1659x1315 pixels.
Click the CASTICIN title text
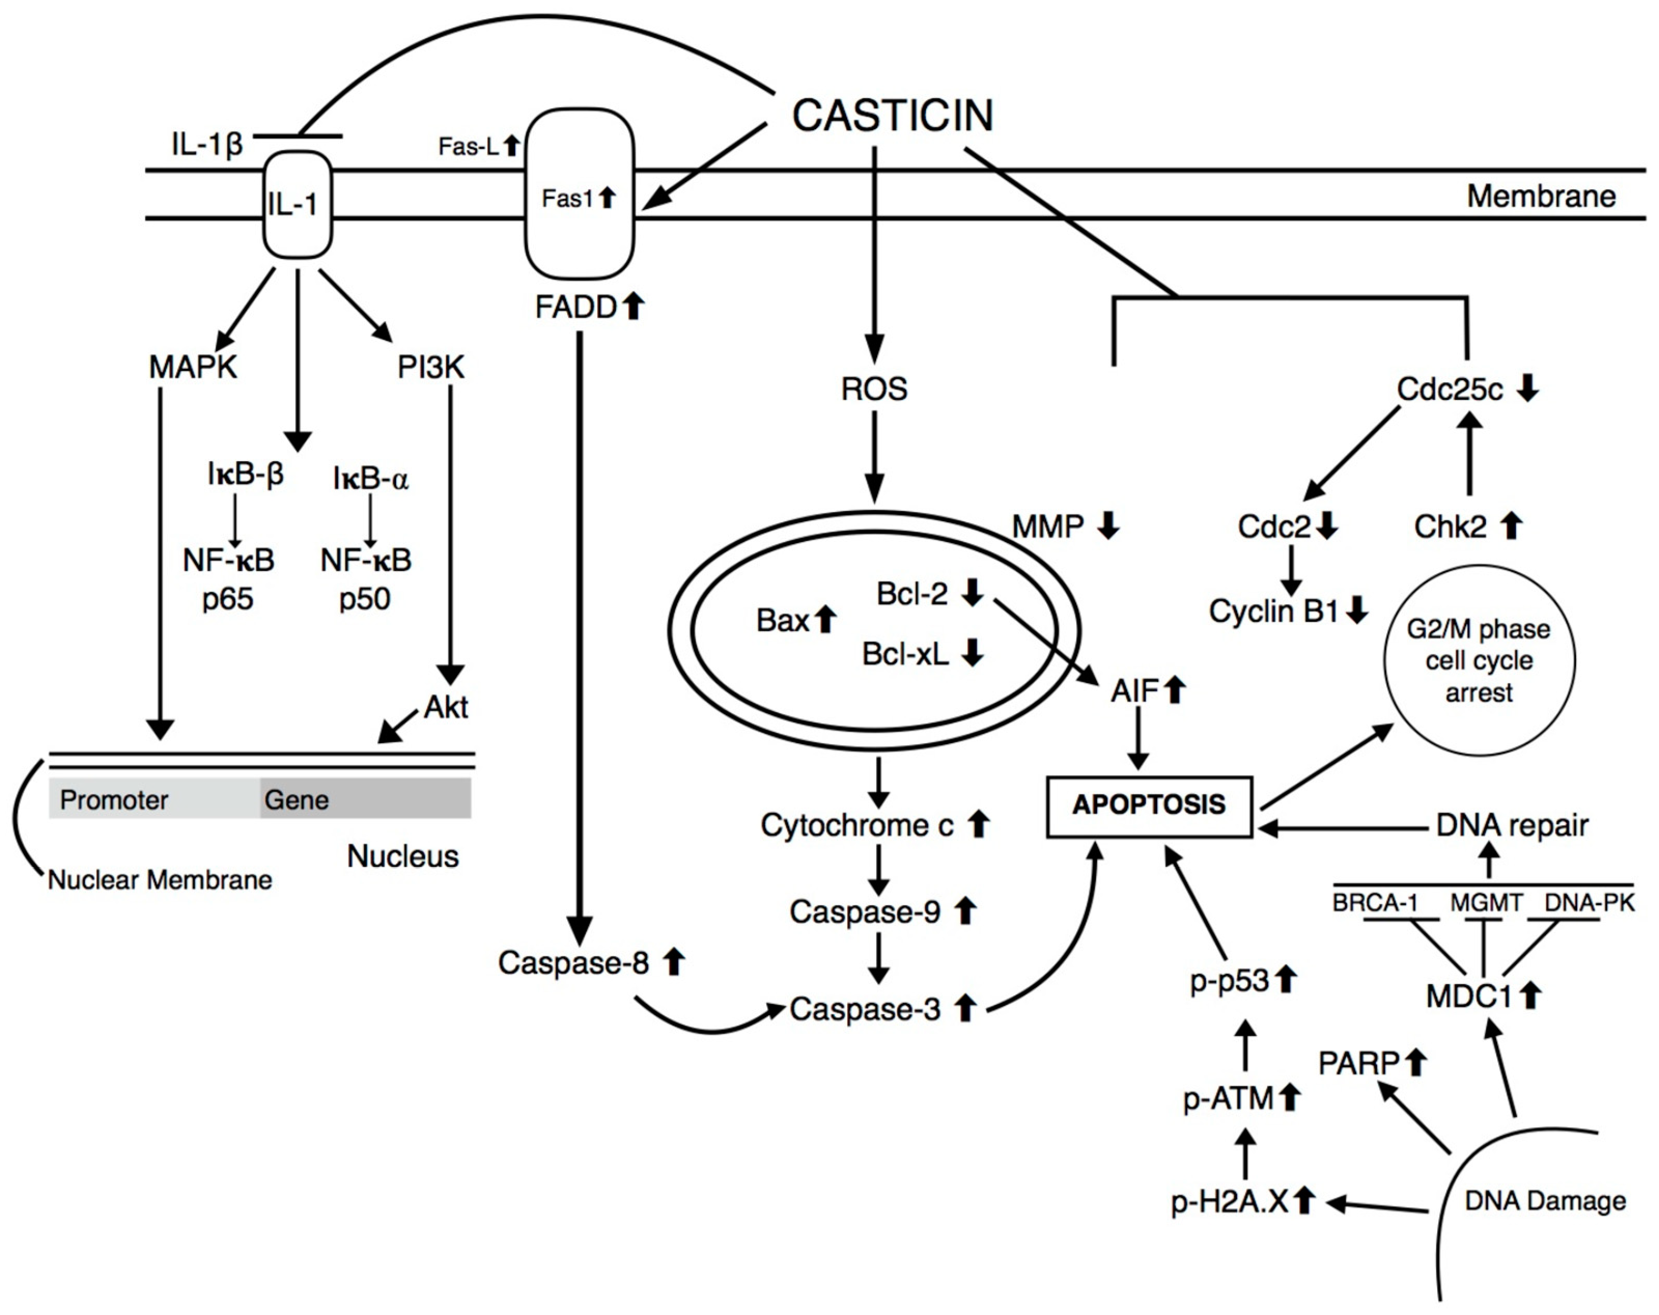[x=893, y=116]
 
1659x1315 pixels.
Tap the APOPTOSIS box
[x=1149, y=805]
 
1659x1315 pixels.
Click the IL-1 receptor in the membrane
[x=298, y=204]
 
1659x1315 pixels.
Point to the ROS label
[x=874, y=389]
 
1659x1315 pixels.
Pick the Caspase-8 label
[x=574, y=962]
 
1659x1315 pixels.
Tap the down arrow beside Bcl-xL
[x=974, y=653]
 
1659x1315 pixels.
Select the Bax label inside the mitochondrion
[x=782, y=620]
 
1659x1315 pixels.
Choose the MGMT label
[x=1486, y=902]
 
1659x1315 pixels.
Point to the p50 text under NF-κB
[x=365, y=598]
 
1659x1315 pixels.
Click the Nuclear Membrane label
[x=160, y=879]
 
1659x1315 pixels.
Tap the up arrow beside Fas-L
[x=512, y=146]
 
